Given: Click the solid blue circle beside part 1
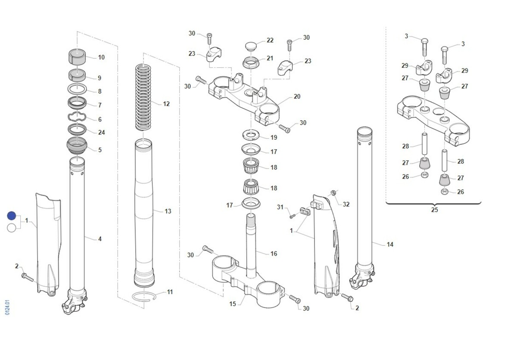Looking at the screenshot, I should (12, 216).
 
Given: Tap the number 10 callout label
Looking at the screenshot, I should (101, 57).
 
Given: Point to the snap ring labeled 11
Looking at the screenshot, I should (144, 296).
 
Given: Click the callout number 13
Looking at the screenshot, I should (168, 211).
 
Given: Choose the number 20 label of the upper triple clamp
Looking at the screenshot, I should (297, 97).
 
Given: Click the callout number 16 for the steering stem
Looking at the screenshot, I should (274, 254).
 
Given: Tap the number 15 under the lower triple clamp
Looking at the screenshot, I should (233, 304).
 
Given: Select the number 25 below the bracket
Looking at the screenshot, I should (434, 210).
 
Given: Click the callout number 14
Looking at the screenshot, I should (390, 244).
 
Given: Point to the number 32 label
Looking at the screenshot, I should (346, 204).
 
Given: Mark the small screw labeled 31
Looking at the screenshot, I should (292, 215).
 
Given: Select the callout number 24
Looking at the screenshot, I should (101, 132).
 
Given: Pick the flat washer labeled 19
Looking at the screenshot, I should (252, 135).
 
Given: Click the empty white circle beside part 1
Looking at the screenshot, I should (12, 228).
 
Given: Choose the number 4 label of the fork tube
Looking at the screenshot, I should (100, 238).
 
